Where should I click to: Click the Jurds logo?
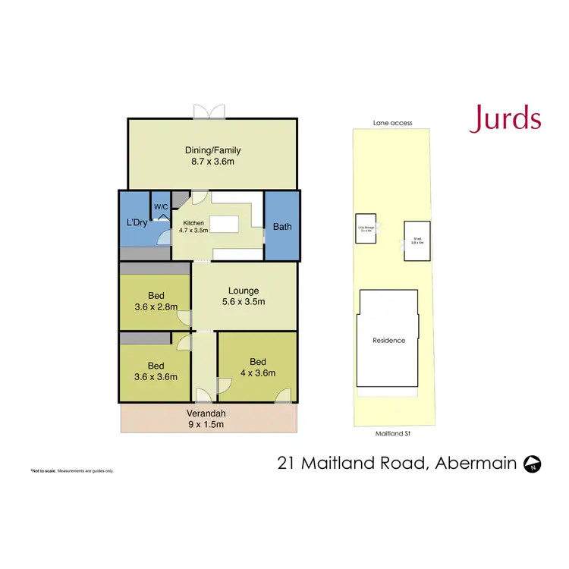pos(505,119)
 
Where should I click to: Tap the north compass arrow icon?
pos(533,463)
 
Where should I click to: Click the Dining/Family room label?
pos(212,156)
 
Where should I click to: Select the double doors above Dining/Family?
pos(209,111)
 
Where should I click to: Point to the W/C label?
pos(161,206)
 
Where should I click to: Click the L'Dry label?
pos(136,222)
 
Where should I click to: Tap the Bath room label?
pos(282,226)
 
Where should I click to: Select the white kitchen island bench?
pos(225,225)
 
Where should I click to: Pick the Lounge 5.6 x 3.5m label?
pos(244,296)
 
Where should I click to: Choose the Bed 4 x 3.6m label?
pos(257,367)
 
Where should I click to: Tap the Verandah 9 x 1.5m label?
pos(206,419)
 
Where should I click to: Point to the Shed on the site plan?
pos(416,240)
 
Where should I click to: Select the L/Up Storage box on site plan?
pos(365,228)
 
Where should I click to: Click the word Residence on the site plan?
pos(389,340)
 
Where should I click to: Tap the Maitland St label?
pos(392,435)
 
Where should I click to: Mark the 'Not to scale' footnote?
pos(72,471)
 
